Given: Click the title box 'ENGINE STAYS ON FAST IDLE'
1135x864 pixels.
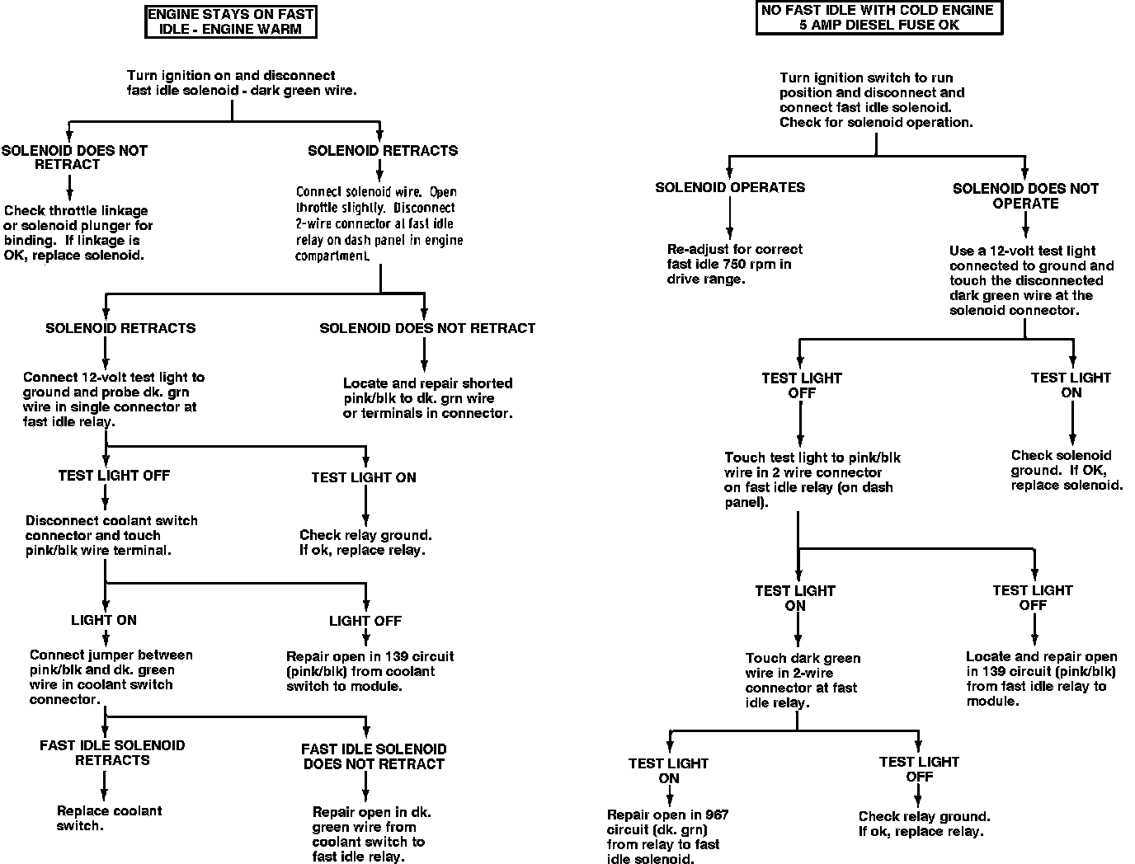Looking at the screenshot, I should pos(231,22).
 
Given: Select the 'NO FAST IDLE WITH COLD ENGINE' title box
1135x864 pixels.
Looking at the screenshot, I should pos(878,17).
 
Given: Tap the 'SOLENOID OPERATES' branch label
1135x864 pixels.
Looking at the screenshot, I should pos(730,187).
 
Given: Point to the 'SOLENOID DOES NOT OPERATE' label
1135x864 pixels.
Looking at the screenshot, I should pos(1025,195).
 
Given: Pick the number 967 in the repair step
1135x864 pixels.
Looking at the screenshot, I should pos(717,815).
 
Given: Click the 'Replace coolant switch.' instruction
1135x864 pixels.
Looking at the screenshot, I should pos(109,818).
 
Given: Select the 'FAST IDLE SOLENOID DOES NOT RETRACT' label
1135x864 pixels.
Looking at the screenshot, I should pos(374,756).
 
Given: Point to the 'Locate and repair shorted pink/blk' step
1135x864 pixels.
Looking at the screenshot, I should pos(427,397).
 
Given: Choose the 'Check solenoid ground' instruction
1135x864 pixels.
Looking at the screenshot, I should pos(1067,470).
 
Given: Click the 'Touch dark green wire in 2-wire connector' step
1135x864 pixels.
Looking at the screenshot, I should pos(802,680).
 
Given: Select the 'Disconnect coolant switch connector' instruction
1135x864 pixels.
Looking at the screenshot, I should pos(111,535).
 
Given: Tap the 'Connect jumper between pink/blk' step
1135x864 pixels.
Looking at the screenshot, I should pos(111,677).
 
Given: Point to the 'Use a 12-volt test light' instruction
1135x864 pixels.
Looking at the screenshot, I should pos(1031,280).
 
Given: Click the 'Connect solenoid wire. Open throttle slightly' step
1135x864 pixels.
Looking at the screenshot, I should pos(379,223).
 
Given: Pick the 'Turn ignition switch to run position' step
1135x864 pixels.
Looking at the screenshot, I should pos(875,100).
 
